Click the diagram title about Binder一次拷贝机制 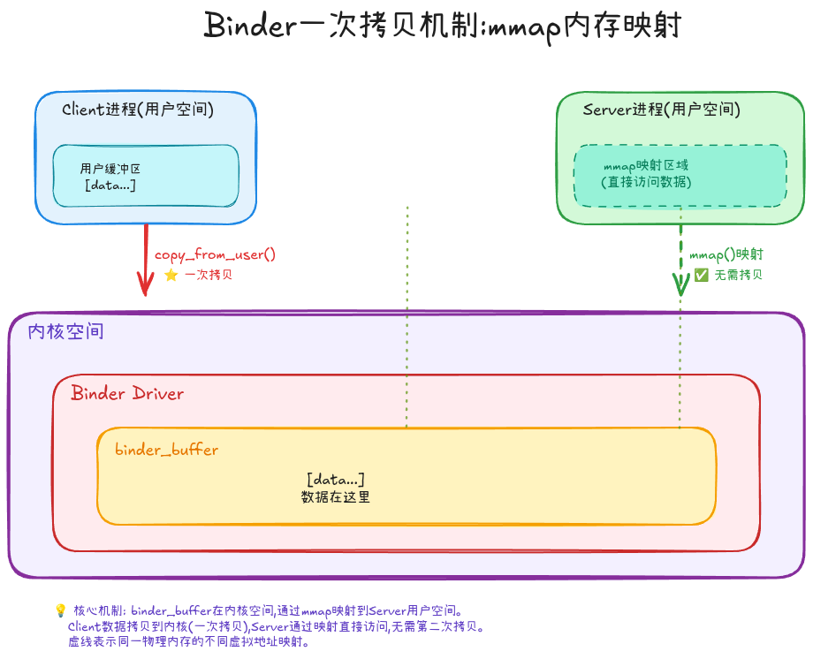pos(442,27)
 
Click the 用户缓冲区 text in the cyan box pos(110,169)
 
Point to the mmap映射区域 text pos(646,165)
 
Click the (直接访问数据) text pos(646,182)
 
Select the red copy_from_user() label pos(216,254)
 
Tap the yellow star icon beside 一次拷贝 pos(171,275)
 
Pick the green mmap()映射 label pos(726,254)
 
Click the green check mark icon pos(701,275)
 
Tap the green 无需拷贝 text pos(738,275)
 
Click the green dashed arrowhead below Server pos(681,284)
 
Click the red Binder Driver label pos(127,393)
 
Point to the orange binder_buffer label pos(166,450)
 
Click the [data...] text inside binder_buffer pos(336,480)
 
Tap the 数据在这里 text pos(336,497)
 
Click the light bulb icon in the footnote pos(60,610)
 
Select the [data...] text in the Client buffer pos(110,185)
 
